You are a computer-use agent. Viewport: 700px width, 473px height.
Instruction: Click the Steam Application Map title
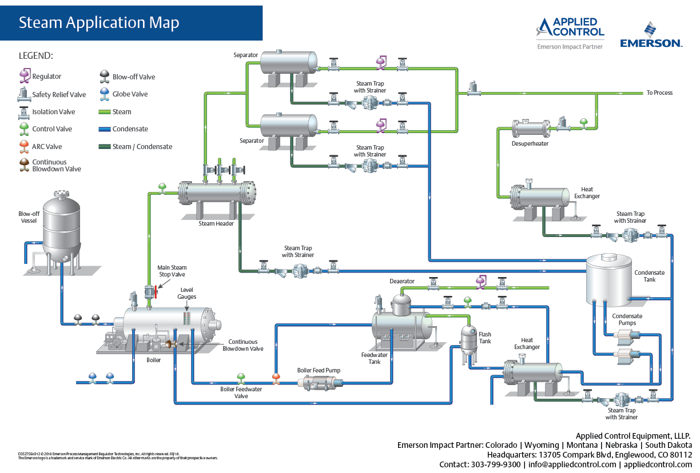point(99,23)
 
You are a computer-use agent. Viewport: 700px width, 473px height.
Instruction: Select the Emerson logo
point(651,35)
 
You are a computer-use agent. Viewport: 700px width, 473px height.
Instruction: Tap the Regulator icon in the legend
point(25,75)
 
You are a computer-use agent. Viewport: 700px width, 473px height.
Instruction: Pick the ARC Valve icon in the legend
point(23,146)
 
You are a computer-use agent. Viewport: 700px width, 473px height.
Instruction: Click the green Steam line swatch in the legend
point(104,112)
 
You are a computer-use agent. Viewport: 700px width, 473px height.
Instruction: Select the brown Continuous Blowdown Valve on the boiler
point(169,343)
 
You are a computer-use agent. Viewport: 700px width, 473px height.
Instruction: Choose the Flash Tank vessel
point(469,339)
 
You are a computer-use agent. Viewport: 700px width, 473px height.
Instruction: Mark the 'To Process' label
point(659,93)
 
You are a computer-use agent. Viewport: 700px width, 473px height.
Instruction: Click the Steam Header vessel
point(217,193)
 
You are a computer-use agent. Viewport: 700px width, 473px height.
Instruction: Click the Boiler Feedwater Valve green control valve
point(241,379)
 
